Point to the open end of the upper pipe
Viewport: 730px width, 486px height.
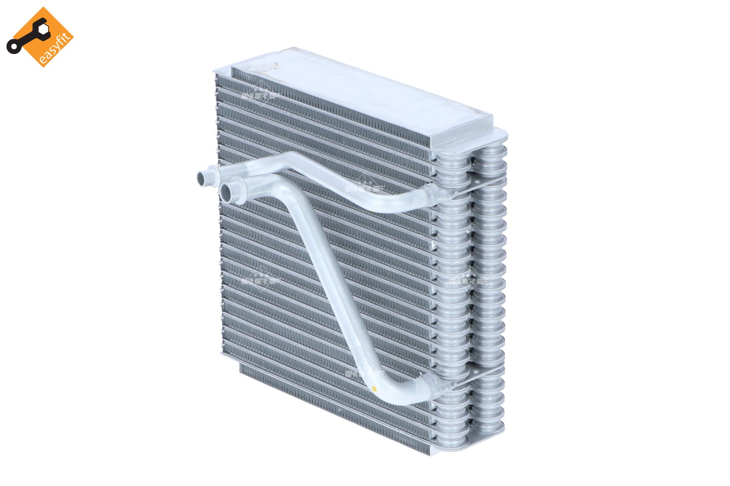pyautogui.click(x=201, y=177)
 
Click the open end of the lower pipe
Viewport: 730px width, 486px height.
pyautogui.click(x=227, y=191)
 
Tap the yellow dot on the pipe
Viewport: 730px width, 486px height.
pyautogui.click(x=373, y=388)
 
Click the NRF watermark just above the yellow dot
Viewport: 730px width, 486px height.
pyautogui.click(x=363, y=372)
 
